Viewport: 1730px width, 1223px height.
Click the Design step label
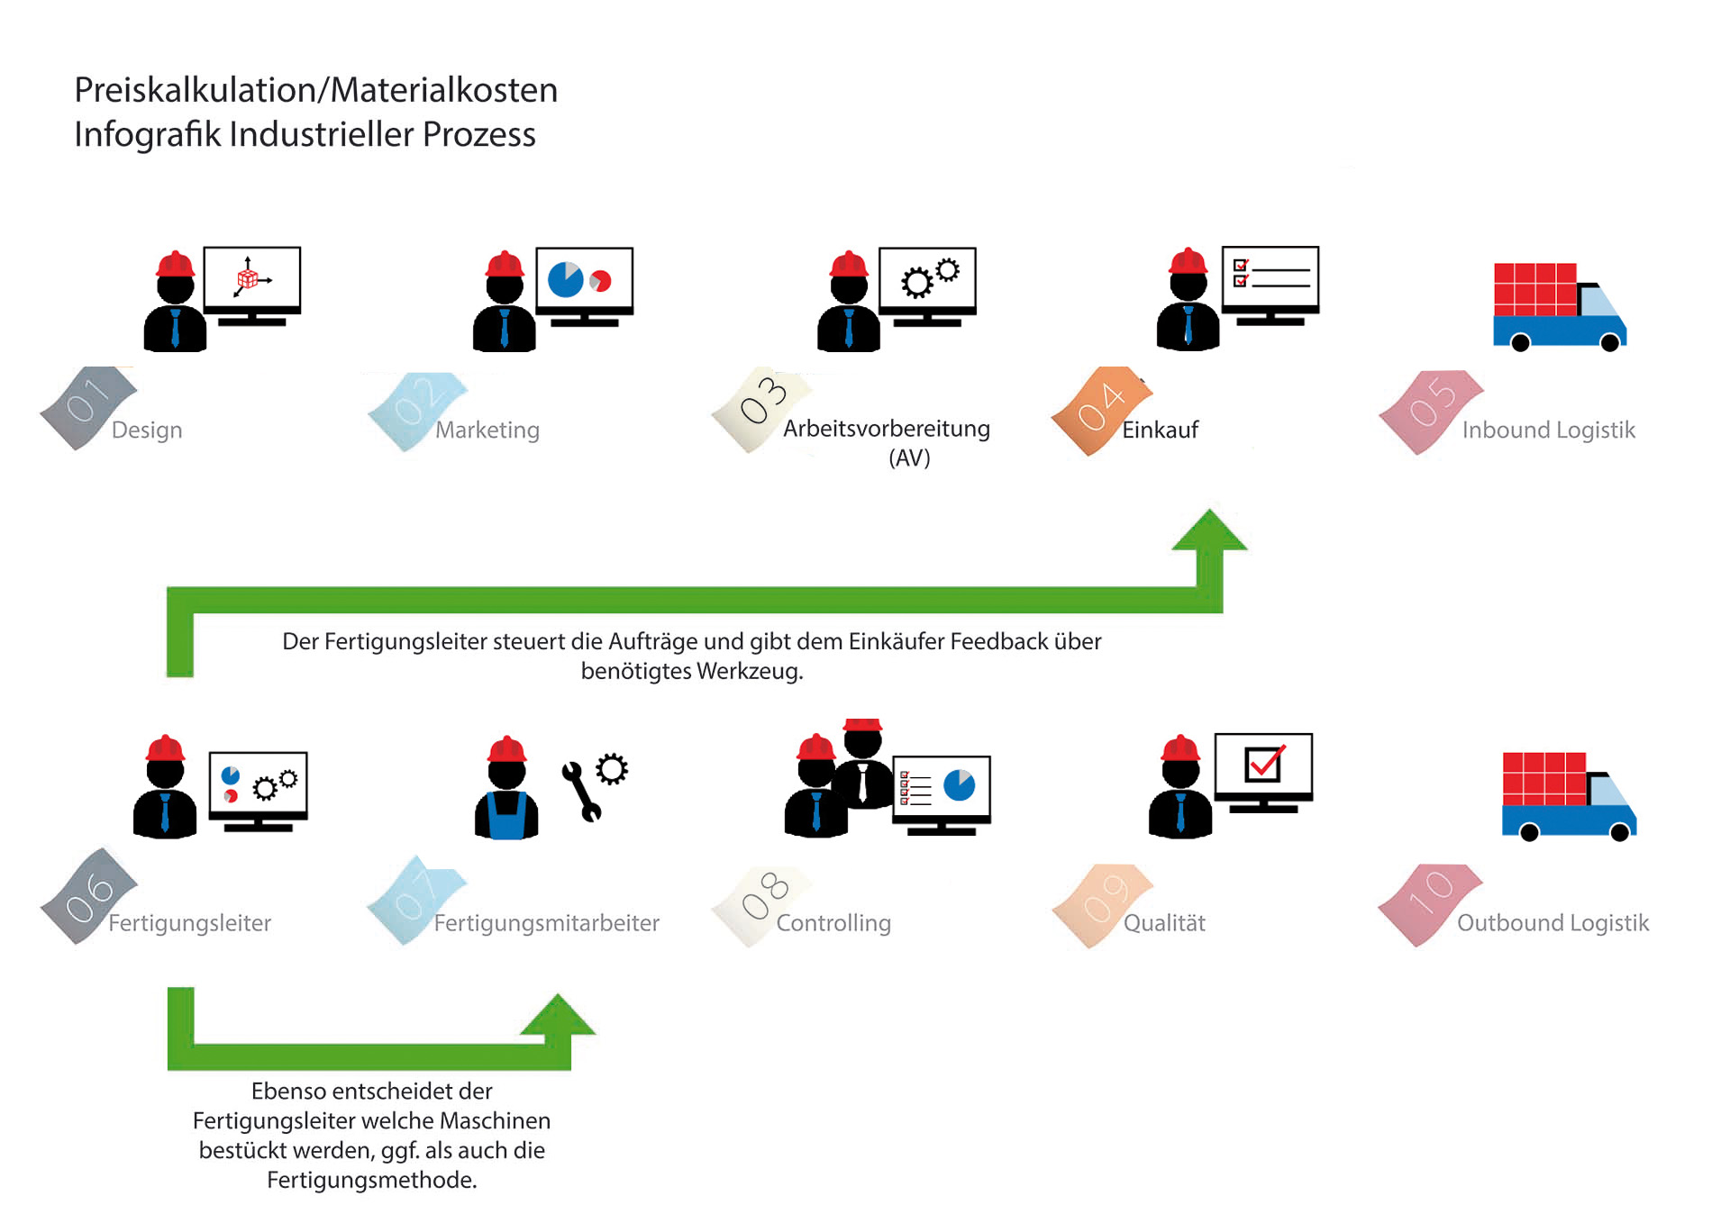pos(147,430)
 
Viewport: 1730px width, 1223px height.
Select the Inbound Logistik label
pos(1548,430)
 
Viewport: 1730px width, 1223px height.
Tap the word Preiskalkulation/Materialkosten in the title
pos(315,90)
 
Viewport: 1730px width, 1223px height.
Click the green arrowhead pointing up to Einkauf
pos(1209,531)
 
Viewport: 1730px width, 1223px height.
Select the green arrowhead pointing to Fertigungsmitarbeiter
pos(559,1015)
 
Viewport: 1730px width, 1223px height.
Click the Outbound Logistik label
pos(1552,923)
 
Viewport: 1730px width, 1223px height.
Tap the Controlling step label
pos(833,923)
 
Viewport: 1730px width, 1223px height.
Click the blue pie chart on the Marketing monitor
pos(566,279)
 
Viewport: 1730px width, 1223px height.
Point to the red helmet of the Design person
pos(175,264)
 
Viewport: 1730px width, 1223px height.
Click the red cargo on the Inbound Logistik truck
pos(1534,288)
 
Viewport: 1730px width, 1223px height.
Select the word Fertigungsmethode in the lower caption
pos(371,1180)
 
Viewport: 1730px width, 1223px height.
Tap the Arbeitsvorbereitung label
pos(887,430)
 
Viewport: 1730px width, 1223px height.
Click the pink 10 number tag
pos(1429,902)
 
